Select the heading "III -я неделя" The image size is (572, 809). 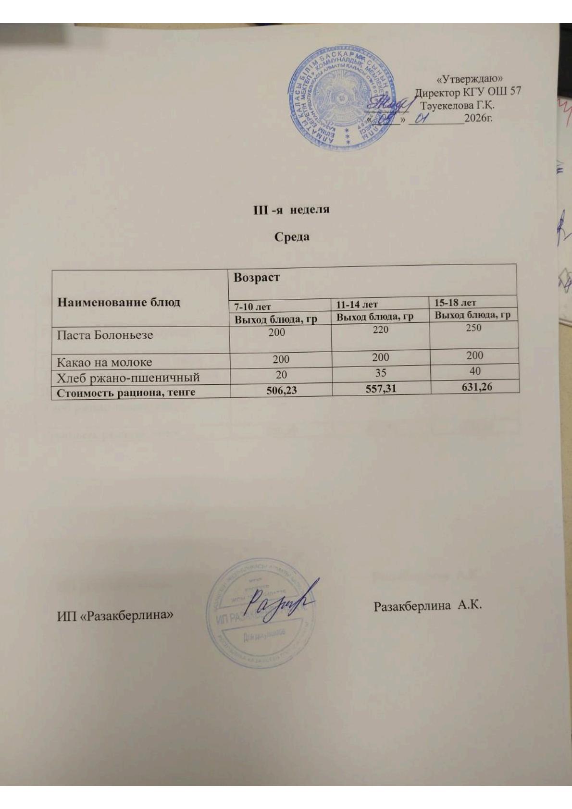pyautogui.click(x=291, y=210)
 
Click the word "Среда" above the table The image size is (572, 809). pyautogui.click(x=292, y=237)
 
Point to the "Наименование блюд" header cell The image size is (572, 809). pyautogui.click(x=119, y=302)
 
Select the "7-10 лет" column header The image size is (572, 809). pyautogui.click(x=253, y=306)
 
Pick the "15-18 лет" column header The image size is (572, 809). pyautogui.click(x=455, y=302)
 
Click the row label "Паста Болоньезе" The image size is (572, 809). pyautogui.click(x=105, y=335)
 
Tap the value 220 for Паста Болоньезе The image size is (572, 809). pyautogui.click(x=380, y=330)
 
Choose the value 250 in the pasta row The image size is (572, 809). pyautogui.click(x=473, y=328)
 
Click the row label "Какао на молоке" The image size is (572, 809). pyautogui.click(x=104, y=362)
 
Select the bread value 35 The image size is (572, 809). pyautogui.click(x=381, y=372)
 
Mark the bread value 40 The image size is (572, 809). pyautogui.click(x=475, y=371)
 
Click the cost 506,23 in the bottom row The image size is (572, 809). pyautogui.click(x=282, y=390)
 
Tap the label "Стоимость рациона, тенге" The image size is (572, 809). pyautogui.click(x=126, y=392)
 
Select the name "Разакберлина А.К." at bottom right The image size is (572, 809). pyautogui.click(x=427, y=606)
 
